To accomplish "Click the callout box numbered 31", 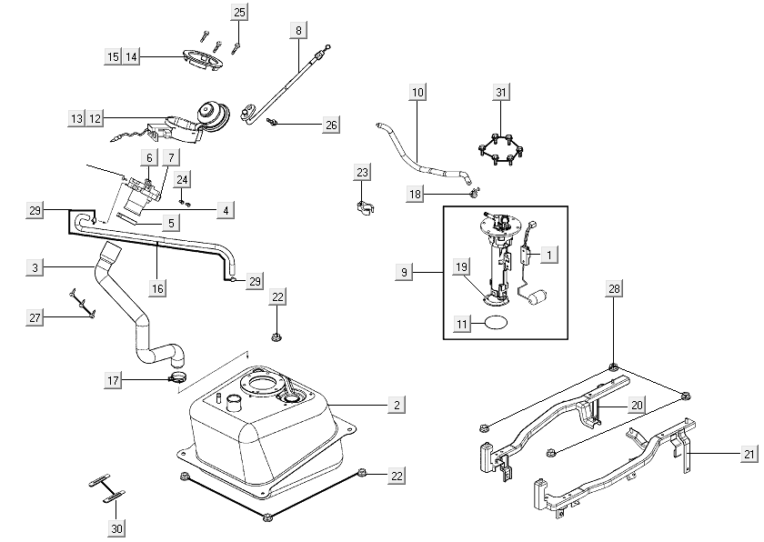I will pos(501,92).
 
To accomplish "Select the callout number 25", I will pos(240,13).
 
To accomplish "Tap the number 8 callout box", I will pos(298,30).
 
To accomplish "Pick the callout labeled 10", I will pos(417,92).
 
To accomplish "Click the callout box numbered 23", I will pos(363,172).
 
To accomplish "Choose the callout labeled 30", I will pos(116,528).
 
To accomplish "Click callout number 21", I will pos(749,454).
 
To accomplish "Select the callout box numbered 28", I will pos(615,289).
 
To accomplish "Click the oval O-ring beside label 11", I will pos(496,323).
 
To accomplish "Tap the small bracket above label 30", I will pos(107,487).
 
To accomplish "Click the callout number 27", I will pos(35,316).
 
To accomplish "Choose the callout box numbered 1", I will pos(548,256).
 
